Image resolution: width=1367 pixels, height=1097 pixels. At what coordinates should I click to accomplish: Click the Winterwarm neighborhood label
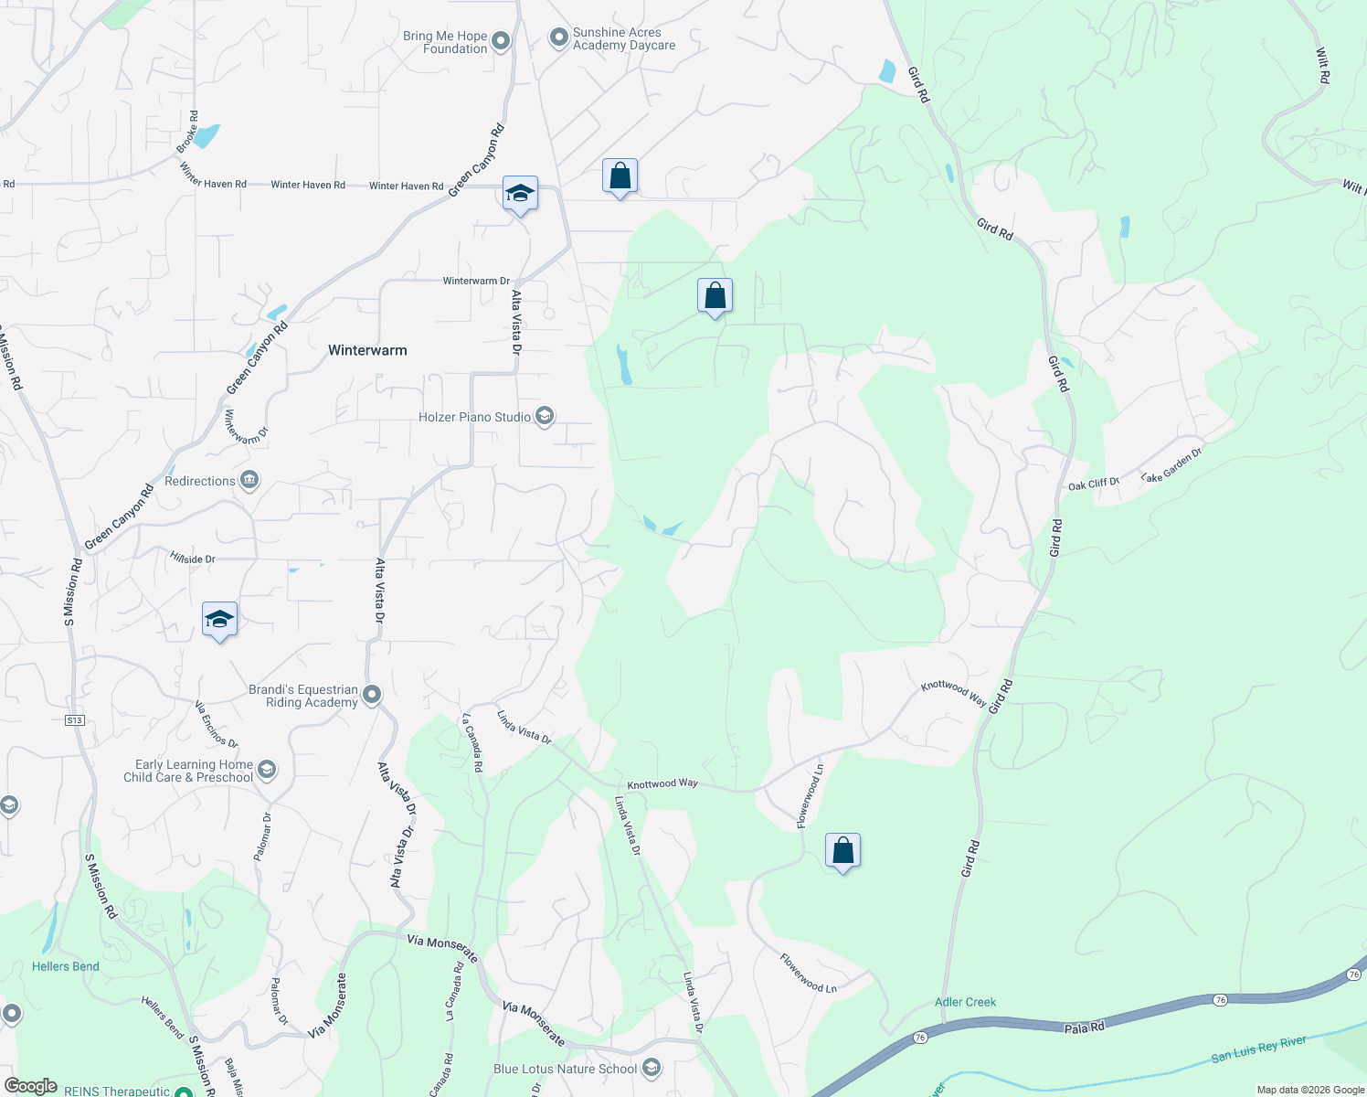pyautogui.click(x=367, y=350)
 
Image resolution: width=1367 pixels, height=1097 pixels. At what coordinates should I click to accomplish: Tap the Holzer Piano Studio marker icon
pyautogui.click(x=545, y=417)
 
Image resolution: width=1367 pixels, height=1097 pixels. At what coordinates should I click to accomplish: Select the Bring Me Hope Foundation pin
pyautogui.click(x=501, y=41)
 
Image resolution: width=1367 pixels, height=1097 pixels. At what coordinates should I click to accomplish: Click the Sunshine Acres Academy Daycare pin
pyautogui.click(x=558, y=38)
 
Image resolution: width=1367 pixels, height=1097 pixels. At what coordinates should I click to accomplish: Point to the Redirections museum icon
pyautogui.click(x=249, y=480)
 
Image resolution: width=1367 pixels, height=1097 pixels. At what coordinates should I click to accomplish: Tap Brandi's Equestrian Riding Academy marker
pyautogui.click(x=372, y=696)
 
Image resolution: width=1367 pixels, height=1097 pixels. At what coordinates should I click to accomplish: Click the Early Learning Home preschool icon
pyautogui.click(x=267, y=771)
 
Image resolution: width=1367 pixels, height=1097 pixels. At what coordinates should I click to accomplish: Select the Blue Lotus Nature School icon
pyautogui.click(x=652, y=1068)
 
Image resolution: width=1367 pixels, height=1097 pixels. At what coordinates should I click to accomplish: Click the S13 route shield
pyautogui.click(x=75, y=720)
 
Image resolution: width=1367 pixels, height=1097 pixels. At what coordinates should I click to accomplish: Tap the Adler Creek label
pyautogui.click(x=965, y=1002)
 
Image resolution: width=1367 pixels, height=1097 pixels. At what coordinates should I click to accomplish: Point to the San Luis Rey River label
pyautogui.click(x=1258, y=1049)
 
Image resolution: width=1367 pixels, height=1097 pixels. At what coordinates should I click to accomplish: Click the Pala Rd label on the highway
pyautogui.click(x=1084, y=1028)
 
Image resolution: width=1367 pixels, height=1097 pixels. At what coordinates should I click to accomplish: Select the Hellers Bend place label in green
pyautogui.click(x=66, y=966)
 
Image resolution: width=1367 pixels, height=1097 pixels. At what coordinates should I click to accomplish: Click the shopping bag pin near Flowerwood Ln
pyautogui.click(x=842, y=851)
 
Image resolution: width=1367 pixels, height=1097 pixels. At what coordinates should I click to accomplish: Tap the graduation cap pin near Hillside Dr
pyautogui.click(x=219, y=620)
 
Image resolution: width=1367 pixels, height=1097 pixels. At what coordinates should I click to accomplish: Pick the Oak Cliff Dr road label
pyautogui.click(x=1093, y=484)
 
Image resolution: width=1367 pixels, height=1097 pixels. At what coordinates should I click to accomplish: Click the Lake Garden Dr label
pyautogui.click(x=1171, y=464)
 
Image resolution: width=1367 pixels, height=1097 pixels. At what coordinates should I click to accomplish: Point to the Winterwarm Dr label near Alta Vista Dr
pyautogui.click(x=476, y=281)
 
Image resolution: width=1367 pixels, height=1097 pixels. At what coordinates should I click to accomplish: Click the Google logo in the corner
pyautogui.click(x=31, y=1086)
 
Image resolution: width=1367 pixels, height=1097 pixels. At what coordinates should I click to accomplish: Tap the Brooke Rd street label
pyautogui.click(x=189, y=132)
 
